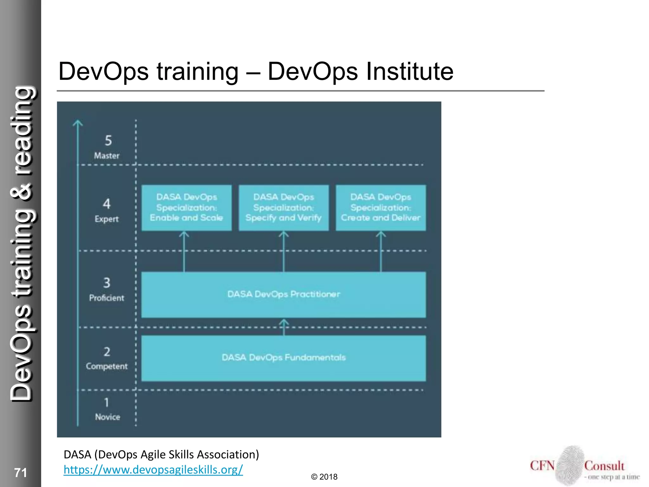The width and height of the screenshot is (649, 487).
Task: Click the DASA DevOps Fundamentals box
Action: (283, 358)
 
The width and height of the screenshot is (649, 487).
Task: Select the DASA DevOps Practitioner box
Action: (283, 295)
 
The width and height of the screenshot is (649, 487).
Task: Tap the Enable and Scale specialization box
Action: (186, 208)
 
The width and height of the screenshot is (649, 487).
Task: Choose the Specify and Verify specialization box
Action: (283, 208)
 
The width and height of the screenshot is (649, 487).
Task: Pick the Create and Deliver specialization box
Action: (381, 208)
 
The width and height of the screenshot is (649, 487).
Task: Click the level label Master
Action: (107, 156)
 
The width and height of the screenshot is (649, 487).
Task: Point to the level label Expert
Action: (107, 219)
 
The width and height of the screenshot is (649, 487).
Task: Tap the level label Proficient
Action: (107, 298)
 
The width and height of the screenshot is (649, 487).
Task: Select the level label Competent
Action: (107, 366)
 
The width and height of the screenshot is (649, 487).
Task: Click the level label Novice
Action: (107, 417)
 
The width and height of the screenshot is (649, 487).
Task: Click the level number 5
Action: (108, 140)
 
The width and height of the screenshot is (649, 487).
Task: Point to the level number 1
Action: (107, 402)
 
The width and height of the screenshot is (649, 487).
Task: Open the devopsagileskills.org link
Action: (153, 470)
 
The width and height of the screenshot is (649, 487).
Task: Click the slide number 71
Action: (21, 473)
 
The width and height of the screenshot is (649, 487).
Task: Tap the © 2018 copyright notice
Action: (324, 477)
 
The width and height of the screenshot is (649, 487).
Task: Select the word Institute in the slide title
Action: (410, 71)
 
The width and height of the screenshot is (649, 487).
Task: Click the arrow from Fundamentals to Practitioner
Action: (284, 327)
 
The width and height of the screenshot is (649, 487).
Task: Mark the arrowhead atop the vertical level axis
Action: (78, 123)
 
